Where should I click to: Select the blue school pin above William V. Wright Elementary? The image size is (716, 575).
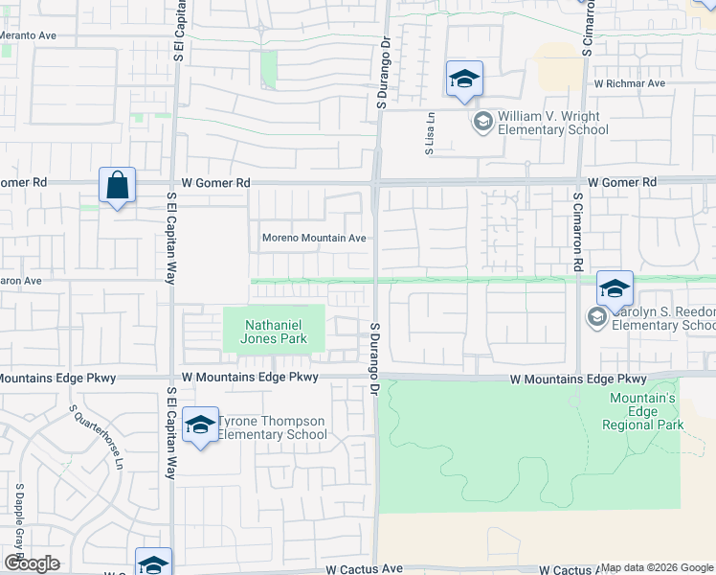[464, 79]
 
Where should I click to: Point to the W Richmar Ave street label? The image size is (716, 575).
[629, 83]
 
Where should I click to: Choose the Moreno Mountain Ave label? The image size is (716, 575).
[314, 238]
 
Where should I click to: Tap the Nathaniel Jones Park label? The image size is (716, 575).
[275, 331]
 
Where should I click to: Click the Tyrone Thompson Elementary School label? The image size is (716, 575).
[273, 427]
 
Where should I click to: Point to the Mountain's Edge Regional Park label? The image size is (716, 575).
[643, 411]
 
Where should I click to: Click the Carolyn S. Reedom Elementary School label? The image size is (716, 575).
[662, 319]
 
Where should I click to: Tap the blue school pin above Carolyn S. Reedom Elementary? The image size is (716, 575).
[615, 287]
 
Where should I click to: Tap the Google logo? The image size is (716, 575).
[32, 563]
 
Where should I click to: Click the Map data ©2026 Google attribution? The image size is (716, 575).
[658, 567]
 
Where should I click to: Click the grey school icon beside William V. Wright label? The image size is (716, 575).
[482, 121]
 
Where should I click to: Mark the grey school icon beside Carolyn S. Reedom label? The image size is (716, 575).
[597, 317]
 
